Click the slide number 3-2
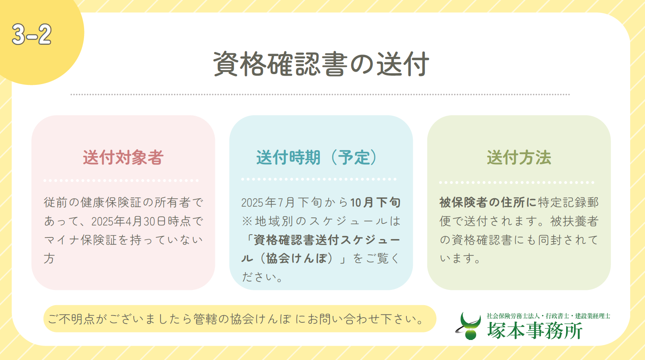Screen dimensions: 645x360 click(32, 34)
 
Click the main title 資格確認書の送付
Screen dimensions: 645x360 click(321, 64)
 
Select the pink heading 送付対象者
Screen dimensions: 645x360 click(123, 157)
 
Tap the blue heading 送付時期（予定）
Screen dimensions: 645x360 click(317, 157)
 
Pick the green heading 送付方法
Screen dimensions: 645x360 click(519, 157)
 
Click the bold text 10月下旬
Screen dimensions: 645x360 click(376, 203)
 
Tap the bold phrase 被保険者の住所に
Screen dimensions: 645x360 click(488, 203)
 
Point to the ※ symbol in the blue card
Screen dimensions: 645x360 click(247, 221)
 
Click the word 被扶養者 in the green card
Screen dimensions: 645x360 click(575, 221)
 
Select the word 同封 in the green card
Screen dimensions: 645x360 click(550, 240)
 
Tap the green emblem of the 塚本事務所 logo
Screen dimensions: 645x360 click(469, 326)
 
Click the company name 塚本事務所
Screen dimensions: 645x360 click(535, 330)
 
